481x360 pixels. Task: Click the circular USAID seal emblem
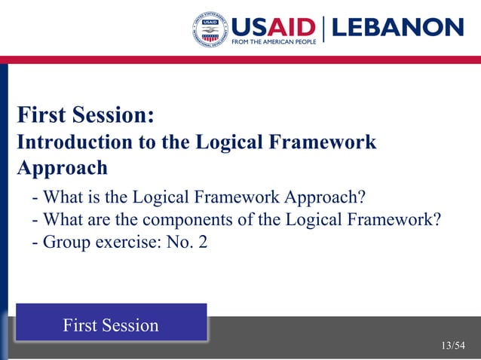pyautogui.click(x=212, y=31)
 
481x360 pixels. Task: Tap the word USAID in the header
pyautogui.click(x=273, y=27)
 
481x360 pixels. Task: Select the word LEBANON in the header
pyautogui.click(x=397, y=28)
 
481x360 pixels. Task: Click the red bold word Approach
pyautogui.click(x=63, y=167)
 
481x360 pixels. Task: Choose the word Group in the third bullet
pyautogui.click(x=65, y=243)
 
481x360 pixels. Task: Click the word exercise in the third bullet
pyautogui.click(x=120, y=243)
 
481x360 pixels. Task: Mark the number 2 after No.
pyautogui.click(x=202, y=243)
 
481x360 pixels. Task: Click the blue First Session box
pyautogui.click(x=111, y=324)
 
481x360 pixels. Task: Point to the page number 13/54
pyautogui.click(x=453, y=346)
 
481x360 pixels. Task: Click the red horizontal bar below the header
pyautogui.click(x=240, y=59)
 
